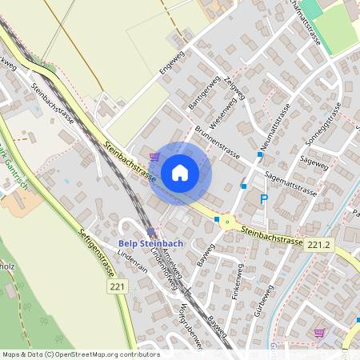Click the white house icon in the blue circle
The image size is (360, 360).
tap(180, 172)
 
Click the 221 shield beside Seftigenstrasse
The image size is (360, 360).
tap(117, 286)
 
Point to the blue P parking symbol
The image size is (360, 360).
tap(263, 199)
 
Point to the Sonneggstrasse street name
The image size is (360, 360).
tap(323, 125)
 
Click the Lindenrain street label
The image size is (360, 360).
tap(133, 264)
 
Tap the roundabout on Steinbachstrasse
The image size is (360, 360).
tap(227, 220)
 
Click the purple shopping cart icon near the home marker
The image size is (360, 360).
tap(154, 156)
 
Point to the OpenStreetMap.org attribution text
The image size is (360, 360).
tap(80, 354)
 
